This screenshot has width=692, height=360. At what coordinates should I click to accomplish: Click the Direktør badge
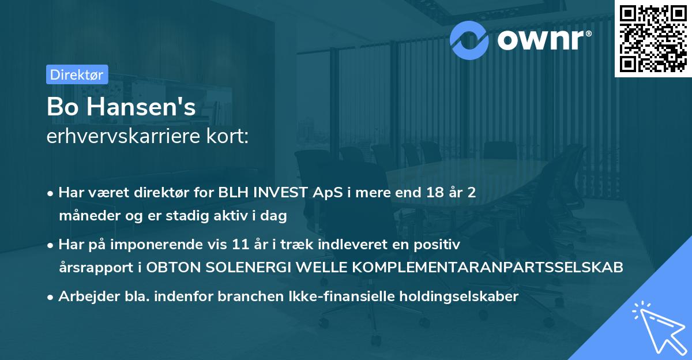[x=77, y=74]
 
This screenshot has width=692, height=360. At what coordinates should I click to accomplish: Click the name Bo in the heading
[x=61, y=107]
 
